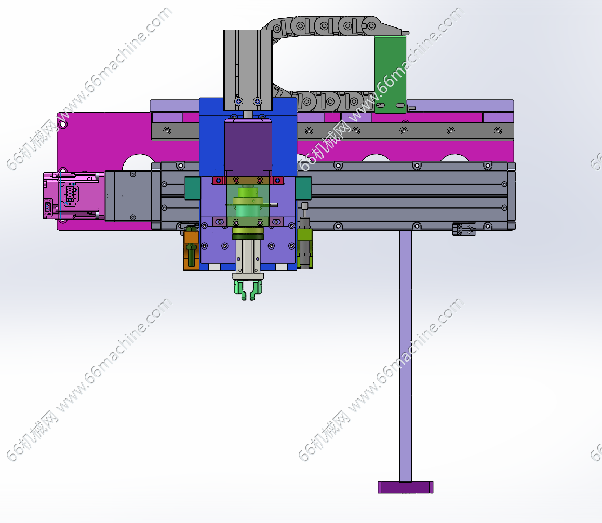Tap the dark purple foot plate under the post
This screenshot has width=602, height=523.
pos(406,487)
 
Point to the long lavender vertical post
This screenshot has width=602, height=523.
pos(406,356)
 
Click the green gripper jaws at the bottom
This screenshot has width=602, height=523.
pos(248,289)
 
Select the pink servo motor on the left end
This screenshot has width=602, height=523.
pos(73,196)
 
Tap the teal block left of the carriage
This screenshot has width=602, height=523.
pos(192,188)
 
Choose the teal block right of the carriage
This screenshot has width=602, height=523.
pos(303,188)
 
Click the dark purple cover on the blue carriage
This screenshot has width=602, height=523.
pos(248,148)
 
